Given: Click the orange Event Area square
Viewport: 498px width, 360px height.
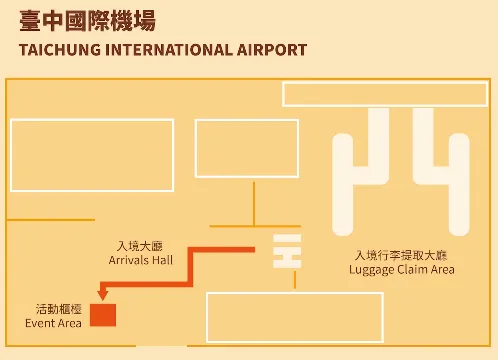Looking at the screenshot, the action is tap(103, 315).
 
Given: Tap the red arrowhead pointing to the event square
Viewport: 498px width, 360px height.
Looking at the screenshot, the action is tap(103, 294).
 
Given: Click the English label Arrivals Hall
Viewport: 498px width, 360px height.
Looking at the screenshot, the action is tap(141, 260).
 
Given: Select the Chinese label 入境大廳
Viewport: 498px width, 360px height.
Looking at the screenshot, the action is tap(140, 246).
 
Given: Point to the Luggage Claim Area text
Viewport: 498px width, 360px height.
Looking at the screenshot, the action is tap(402, 270).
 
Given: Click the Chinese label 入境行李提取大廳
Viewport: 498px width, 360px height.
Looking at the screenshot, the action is tap(401, 255).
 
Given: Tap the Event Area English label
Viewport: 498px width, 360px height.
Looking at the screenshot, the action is tap(53, 323).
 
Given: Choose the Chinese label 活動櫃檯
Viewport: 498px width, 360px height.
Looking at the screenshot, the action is tap(59, 309).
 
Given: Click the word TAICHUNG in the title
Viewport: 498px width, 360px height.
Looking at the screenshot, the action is tap(60, 50).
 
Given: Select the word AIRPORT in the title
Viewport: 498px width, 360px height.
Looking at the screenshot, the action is tap(272, 50).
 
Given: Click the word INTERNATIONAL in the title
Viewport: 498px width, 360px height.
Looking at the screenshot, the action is tap(169, 50).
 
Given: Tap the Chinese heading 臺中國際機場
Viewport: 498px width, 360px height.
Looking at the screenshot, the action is tap(87, 21).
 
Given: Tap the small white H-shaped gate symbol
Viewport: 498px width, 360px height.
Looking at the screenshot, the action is tap(287, 251).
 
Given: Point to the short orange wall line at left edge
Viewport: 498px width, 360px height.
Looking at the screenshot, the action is tap(50, 220).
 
